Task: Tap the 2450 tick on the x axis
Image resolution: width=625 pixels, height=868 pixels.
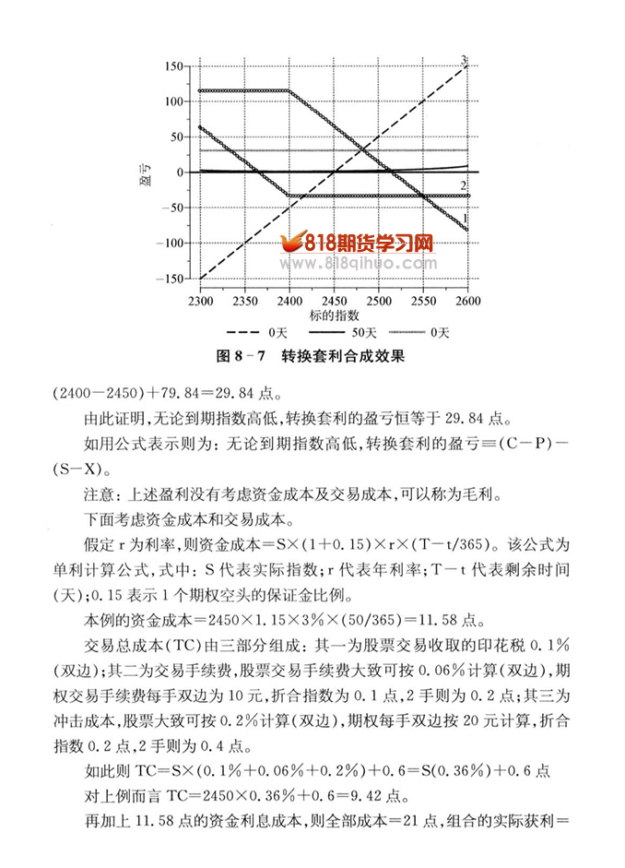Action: tap(334, 302)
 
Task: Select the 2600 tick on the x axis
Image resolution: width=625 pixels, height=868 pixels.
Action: tap(467, 302)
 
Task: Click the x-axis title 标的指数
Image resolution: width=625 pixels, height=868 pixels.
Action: tap(335, 316)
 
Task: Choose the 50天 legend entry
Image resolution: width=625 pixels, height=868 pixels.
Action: tap(363, 331)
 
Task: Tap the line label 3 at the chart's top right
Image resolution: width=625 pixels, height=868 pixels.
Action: tap(465, 60)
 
